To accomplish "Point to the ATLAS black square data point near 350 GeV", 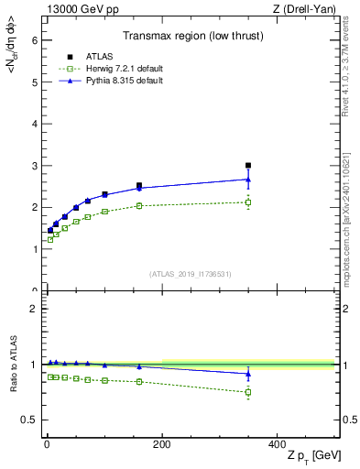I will click(248, 166).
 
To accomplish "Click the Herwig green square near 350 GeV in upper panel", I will click(248, 202).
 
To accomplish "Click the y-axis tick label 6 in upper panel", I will click(33, 40).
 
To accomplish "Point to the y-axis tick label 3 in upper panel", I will click(33, 166).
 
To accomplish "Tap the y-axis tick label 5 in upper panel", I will click(33, 82).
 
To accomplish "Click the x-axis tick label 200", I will click(162, 443).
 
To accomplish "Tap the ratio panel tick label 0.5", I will click(29, 420).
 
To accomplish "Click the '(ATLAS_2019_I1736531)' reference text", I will click(190, 273).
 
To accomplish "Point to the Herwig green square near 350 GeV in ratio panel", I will click(248, 392).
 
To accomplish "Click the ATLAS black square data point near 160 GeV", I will click(139, 186).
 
